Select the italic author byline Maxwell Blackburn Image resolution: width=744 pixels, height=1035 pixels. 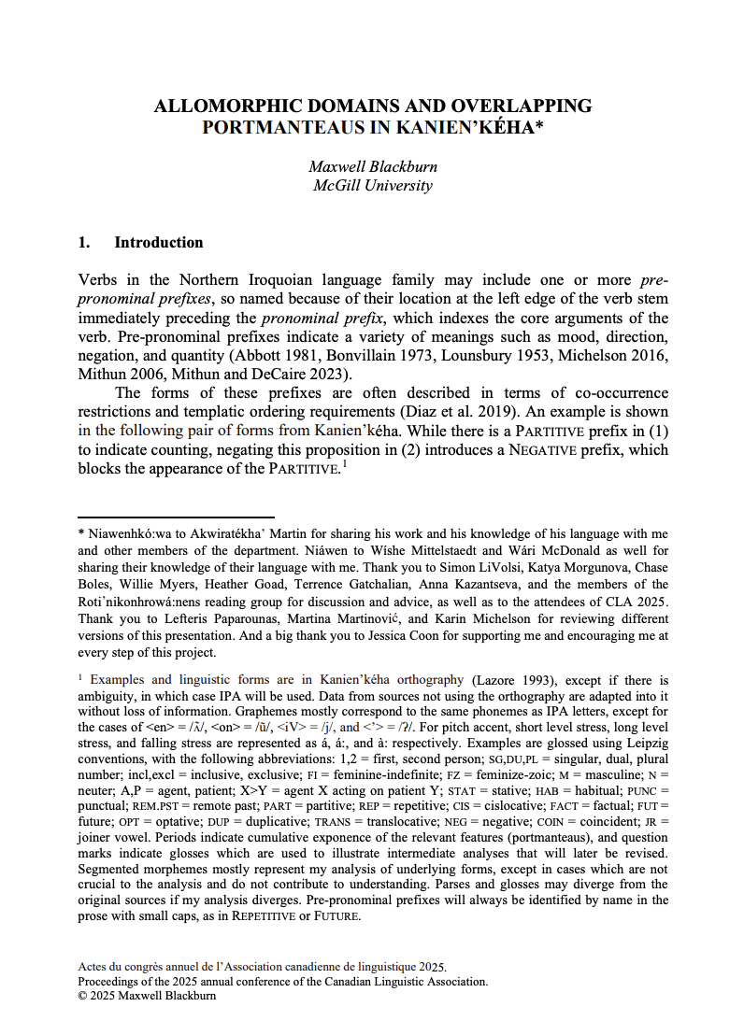372,167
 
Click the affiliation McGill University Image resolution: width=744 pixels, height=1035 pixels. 372,185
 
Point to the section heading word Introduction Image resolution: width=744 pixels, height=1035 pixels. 159,243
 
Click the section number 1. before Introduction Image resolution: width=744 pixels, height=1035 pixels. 84,243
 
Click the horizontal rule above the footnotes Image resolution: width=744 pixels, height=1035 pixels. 176,517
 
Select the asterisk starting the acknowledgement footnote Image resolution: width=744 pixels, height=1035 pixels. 80,533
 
